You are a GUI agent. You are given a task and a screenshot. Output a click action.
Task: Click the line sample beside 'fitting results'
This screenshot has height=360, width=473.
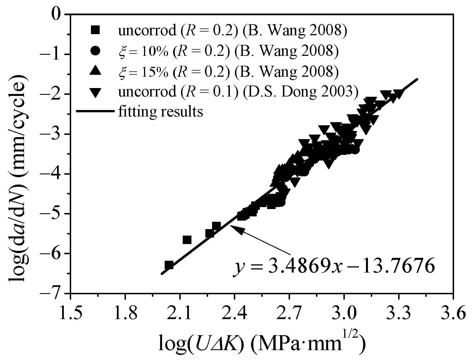95,112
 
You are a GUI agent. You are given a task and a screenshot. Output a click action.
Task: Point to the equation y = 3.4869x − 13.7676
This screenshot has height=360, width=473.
333,267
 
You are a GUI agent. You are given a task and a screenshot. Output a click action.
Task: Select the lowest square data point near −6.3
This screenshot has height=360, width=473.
169,265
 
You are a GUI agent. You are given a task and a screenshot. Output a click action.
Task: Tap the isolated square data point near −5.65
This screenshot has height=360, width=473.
187,240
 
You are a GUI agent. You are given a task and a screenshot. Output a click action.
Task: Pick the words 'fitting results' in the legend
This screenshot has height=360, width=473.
160,112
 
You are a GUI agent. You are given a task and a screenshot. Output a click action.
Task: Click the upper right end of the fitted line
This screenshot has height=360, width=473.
417,80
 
